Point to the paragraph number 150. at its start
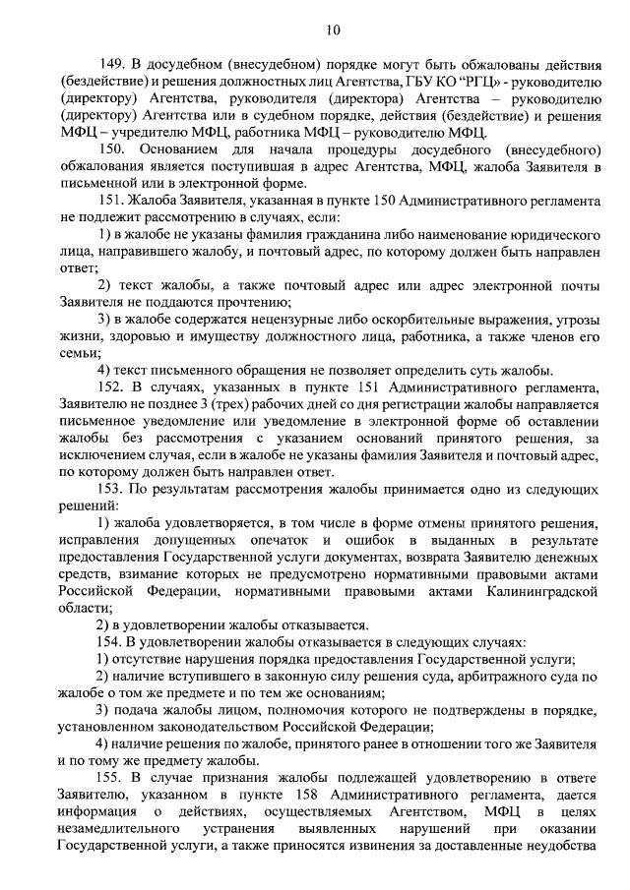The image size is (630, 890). (114, 149)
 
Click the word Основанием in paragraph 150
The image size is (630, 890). (183, 149)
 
